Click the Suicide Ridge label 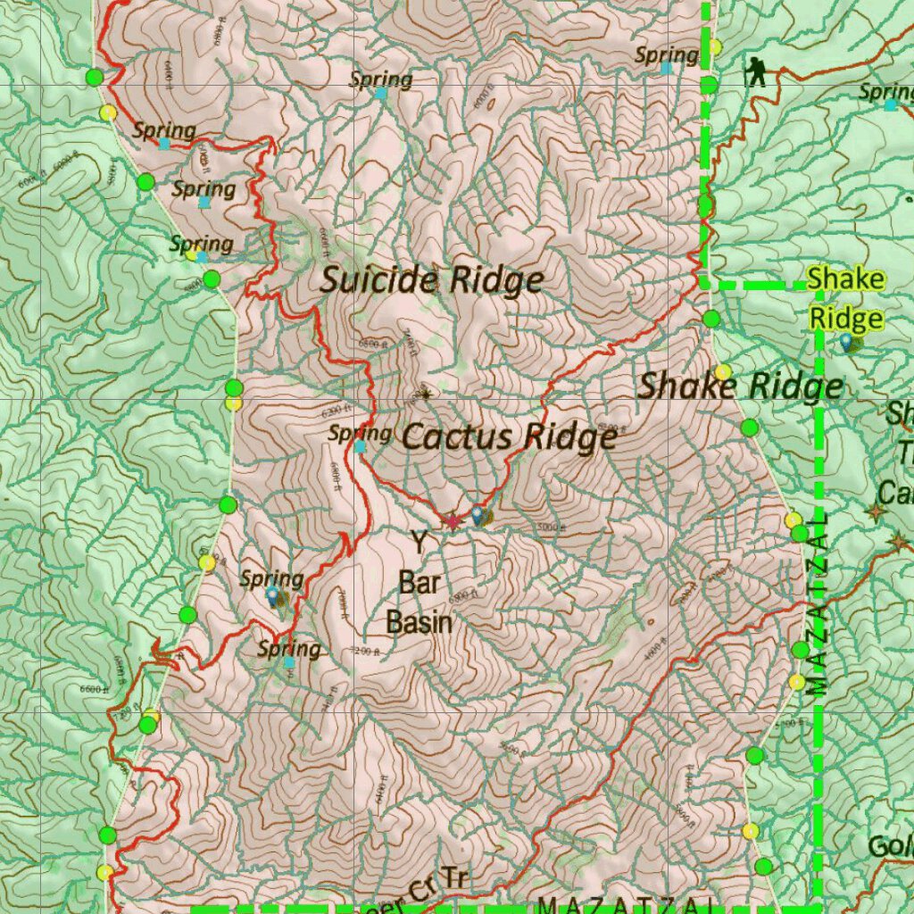tap(432, 280)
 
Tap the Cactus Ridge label tap(509, 437)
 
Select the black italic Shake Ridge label tap(740, 386)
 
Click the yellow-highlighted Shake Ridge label tap(846, 299)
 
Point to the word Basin tap(420, 622)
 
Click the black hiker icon tap(757, 71)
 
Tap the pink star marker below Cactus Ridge tap(453, 520)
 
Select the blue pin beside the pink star tap(478, 515)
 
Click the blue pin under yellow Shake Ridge tap(845, 340)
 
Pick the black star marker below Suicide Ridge tap(424, 392)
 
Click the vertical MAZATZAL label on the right tap(822, 603)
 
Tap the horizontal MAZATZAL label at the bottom tap(625, 904)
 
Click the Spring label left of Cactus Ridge tap(360, 434)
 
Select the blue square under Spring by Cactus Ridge tap(359, 446)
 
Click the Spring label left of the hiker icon tap(666, 55)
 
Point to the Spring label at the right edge tap(885, 92)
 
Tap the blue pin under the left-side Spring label tap(272, 594)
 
